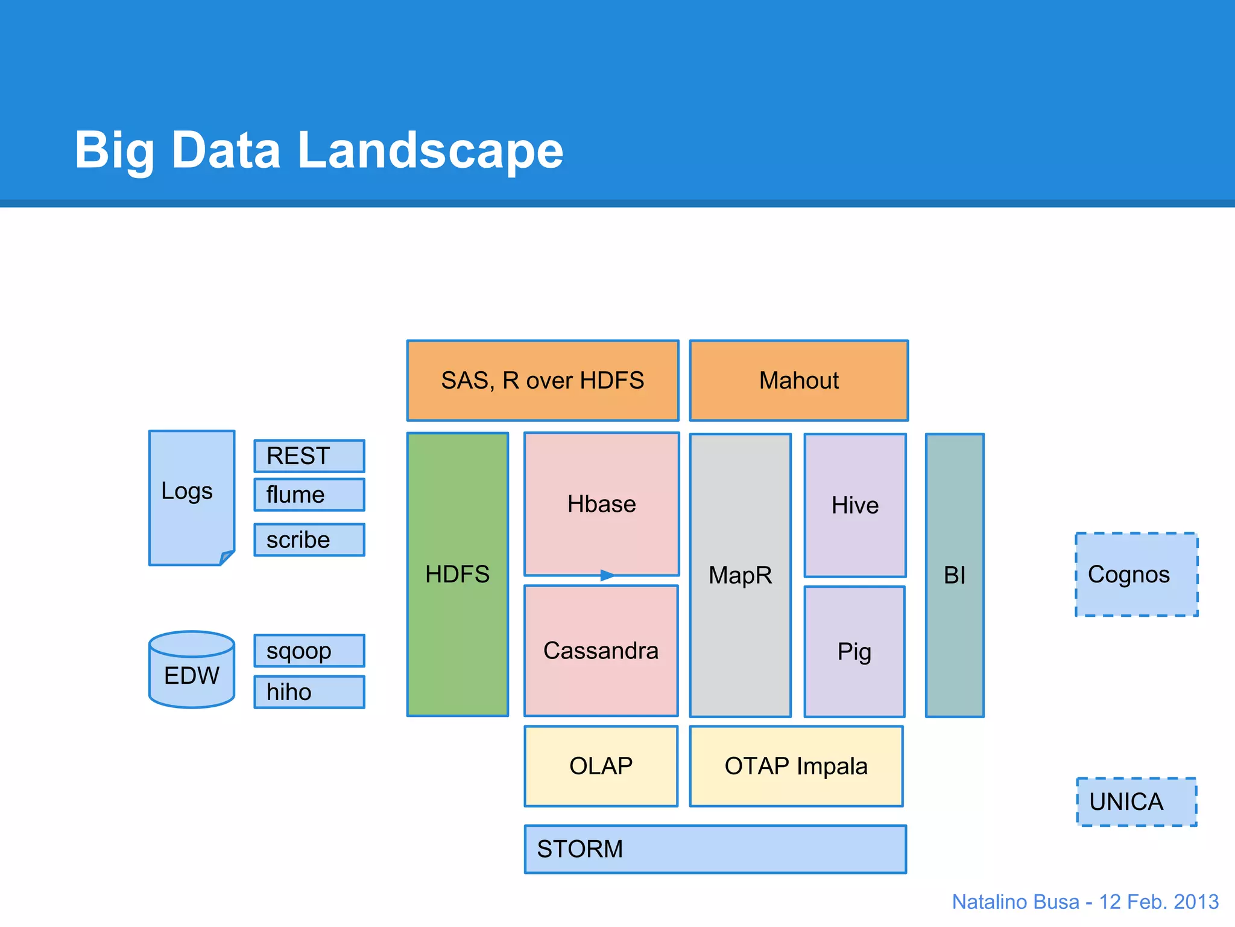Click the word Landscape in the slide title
point(430,150)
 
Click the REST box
point(309,456)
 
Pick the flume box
point(309,495)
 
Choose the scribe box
point(309,540)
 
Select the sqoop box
point(309,651)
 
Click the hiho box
point(309,692)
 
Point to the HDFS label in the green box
point(457,574)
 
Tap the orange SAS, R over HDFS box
point(542,381)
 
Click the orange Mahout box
point(798,381)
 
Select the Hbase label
point(601,504)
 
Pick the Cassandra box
point(601,651)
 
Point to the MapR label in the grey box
point(740,575)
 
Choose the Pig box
point(854,652)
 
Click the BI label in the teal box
point(954,575)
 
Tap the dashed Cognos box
point(1136,575)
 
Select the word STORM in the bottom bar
point(580,849)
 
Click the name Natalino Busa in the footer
point(1015,902)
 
